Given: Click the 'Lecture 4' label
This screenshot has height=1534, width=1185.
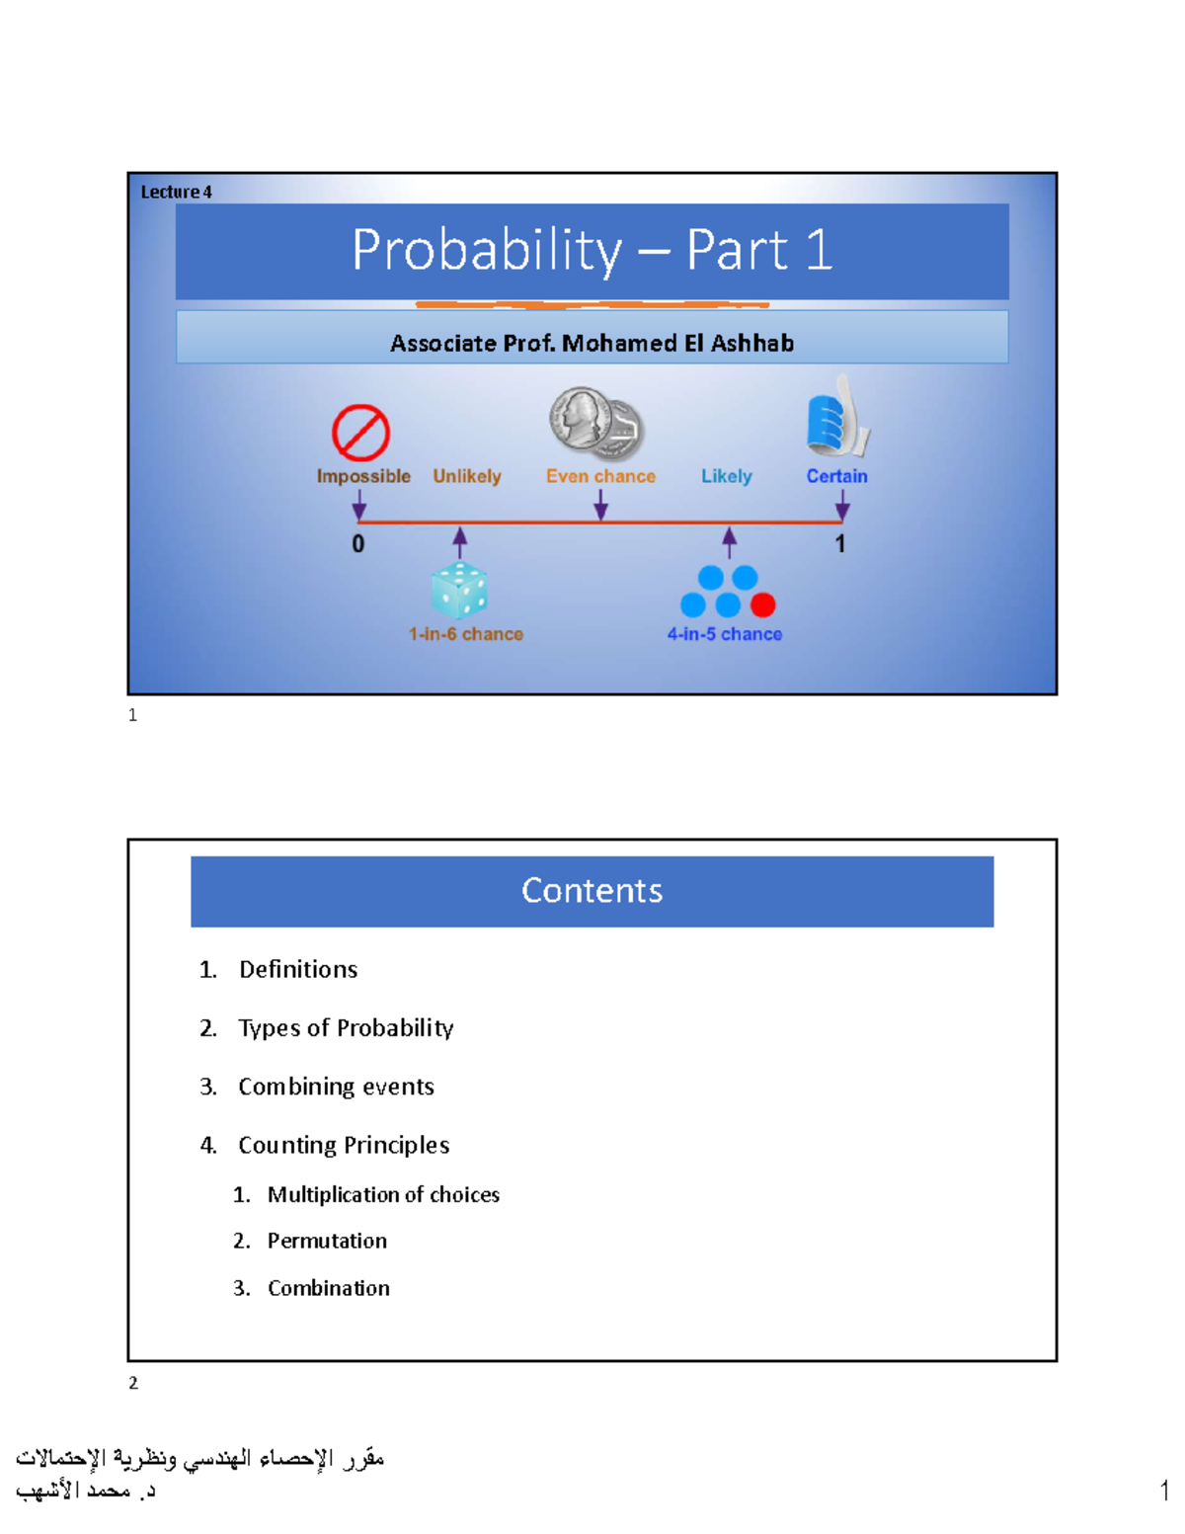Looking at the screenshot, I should (x=176, y=192).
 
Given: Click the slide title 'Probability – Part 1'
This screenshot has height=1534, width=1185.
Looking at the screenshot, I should (x=592, y=250).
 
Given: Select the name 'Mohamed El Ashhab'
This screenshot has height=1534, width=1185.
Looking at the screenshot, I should (x=677, y=343).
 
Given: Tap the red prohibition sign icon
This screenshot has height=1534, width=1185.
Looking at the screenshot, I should (x=360, y=433).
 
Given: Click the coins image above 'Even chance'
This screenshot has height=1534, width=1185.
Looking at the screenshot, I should (x=596, y=424).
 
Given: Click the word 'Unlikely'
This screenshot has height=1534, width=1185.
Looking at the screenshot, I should (x=466, y=476).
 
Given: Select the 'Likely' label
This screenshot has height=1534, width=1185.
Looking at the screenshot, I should (x=726, y=476).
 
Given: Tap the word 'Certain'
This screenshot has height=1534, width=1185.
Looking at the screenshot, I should (x=836, y=476).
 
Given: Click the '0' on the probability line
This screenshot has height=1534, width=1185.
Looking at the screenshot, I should (x=358, y=544).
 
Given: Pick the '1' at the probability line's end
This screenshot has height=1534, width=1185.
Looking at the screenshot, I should (x=839, y=544).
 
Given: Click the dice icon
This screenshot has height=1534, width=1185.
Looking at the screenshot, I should (x=459, y=591).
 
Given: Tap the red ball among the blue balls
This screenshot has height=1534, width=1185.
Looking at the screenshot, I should (x=762, y=605).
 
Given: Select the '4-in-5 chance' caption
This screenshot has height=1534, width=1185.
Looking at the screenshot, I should (x=724, y=634).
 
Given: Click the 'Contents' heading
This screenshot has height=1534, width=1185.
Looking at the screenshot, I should (x=592, y=891).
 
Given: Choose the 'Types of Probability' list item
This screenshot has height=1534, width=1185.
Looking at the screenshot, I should (x=346, y=1028).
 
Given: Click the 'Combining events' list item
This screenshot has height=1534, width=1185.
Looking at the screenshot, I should (x=336, y=1087).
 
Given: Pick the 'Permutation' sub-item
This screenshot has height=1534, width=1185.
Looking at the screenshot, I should (x=327, y=1241).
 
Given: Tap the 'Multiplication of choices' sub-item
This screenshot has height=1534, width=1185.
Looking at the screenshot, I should (x=383, y=1195).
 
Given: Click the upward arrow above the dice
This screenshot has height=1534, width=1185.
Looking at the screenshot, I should (x=459, y=542).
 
